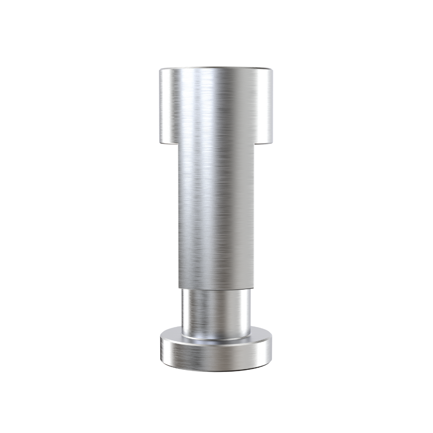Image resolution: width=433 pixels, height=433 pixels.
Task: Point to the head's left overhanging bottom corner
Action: (161, 142)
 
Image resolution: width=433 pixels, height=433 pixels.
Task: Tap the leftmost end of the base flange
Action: (161, 349)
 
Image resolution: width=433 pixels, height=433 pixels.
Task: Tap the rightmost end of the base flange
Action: (272, 349)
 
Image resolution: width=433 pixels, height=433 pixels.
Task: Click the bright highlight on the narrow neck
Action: (191, 312)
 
